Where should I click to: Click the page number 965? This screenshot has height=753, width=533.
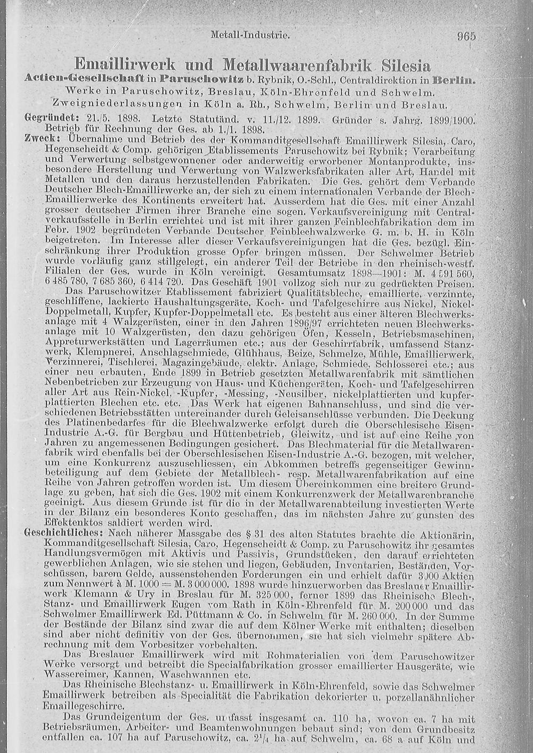[x=466, y=36]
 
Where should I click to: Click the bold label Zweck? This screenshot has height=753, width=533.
[x=39, y=137]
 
